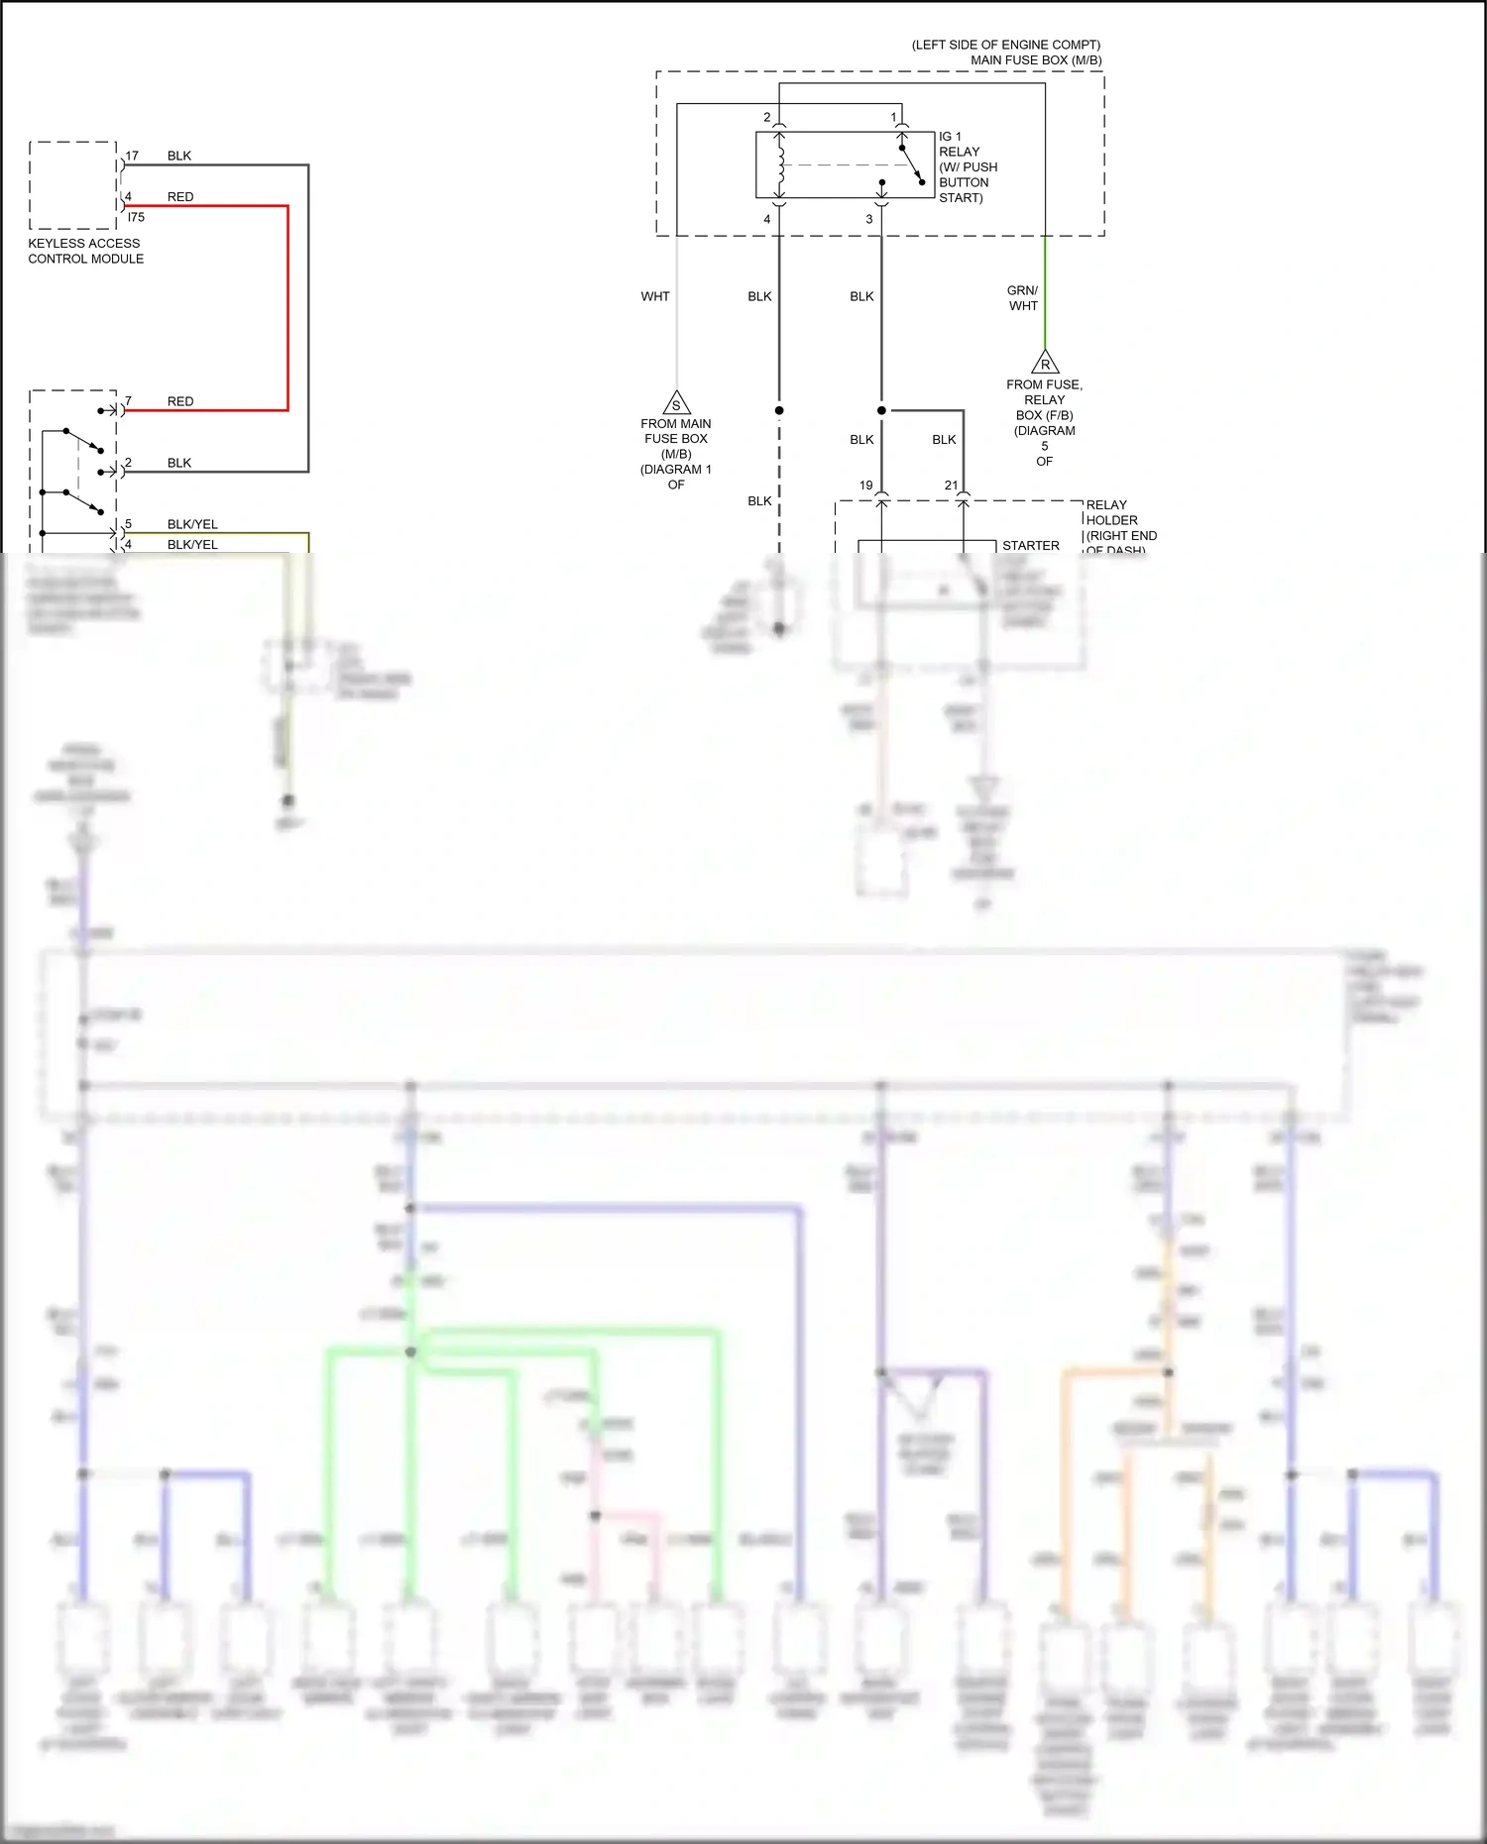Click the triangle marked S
coord(676,403)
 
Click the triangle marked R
coord(1045,363)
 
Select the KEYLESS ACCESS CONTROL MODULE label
coord(85,251)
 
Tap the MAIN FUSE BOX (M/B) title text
coord(1035,60)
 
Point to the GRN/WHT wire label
coord(1023,298)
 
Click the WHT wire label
coord(655,296)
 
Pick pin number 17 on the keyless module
coord(132,156)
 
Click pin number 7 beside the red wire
coord(128,401)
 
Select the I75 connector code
coord(136,217)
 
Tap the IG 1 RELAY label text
coord(960,145)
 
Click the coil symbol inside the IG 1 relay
coord(782,165)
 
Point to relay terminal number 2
coord(766,117)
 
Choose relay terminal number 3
coord(869,219)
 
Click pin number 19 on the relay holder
coord(866,486)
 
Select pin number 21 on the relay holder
coord(952,486)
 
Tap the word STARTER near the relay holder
coord(1031,546)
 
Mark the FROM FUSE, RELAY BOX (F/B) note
coord(1045,407)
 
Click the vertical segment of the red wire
coord(287,307)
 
